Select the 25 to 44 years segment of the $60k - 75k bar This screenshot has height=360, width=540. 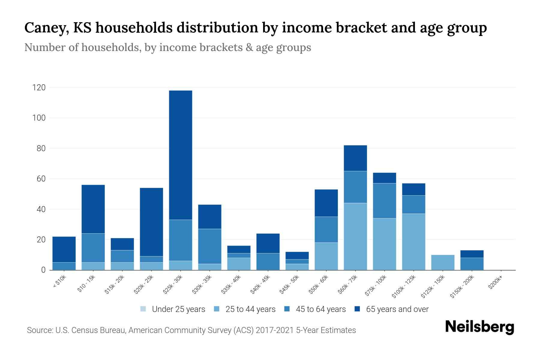point(355,236)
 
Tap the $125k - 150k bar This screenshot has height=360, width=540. point(442,262)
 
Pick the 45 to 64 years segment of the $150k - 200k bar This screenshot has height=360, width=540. point(472,264)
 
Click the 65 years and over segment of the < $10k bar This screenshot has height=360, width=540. point(64,249)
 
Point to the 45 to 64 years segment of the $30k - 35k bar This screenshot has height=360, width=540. point(210,246)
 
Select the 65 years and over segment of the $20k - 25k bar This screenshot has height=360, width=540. point(151,222)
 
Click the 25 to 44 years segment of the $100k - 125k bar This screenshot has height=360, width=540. point(413,242)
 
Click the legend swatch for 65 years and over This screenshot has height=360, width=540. point(357,309)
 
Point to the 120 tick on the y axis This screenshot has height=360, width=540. point(39,88)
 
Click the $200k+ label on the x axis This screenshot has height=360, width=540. point(495,283)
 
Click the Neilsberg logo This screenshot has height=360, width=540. point(479,327)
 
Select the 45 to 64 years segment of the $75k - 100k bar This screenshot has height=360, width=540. point(384,201)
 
